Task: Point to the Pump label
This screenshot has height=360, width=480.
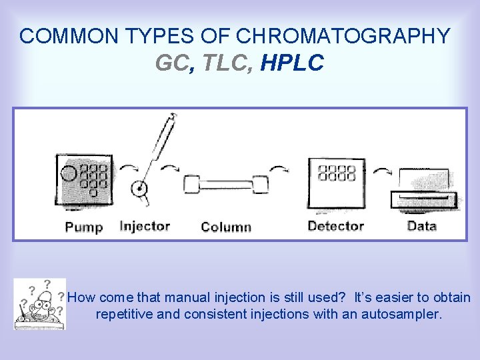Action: [x=84, y=227]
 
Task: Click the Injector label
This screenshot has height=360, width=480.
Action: [x=145, y=226]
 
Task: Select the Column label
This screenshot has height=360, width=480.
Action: [x=226, y=227]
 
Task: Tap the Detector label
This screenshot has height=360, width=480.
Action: [x=335, y=226]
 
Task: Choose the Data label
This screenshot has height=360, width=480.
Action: [x=421, y=226]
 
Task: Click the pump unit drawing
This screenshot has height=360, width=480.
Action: [x=85, y=180]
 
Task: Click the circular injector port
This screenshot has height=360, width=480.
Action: [x=140, y=189]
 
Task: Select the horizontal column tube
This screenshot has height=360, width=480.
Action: [x=226, y=185]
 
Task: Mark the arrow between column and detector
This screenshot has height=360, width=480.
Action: [x=281, y=168]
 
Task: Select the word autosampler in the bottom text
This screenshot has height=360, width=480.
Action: [x=401, y=314]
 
